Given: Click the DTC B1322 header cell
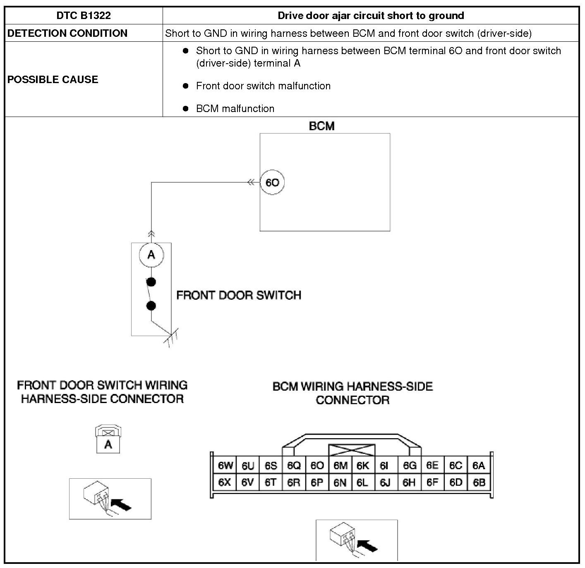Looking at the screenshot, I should pos(84,16).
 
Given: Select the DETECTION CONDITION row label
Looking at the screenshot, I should pos(67,33).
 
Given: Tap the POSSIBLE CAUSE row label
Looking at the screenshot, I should pos(53,79).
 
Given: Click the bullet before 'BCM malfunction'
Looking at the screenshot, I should pos(186,108).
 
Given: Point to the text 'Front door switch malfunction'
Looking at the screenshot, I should pos(263,86).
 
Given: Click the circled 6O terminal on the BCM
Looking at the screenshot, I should pos(272,182).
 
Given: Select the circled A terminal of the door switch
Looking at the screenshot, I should pos(151,255).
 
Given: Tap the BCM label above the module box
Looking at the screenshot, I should pos(321,126).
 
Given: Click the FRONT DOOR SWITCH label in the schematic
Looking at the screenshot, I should pos(239,295).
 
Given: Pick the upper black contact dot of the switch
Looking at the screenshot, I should pos(151,282).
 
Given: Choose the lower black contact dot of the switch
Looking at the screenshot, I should pos(151,306).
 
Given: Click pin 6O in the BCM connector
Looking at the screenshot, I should pos(317,465).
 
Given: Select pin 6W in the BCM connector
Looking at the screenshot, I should pos(225,465).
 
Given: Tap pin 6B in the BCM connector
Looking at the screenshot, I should pos(479,482).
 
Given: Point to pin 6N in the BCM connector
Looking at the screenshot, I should pos(340,482).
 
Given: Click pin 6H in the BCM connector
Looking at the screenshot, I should pos(409,482).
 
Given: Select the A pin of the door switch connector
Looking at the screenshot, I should pos(108,445).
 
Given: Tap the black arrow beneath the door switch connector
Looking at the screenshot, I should pos(122,504).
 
